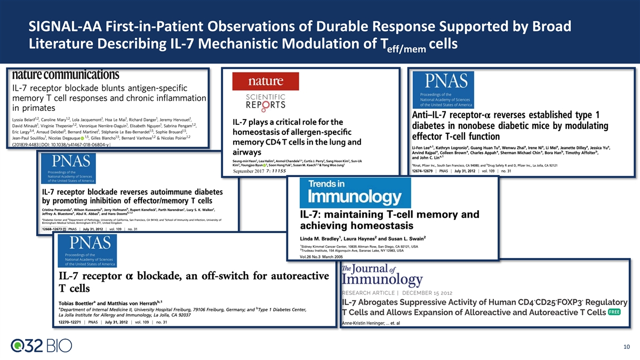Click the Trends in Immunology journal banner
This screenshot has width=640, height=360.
pyautogui.click(x=355, y=193)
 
